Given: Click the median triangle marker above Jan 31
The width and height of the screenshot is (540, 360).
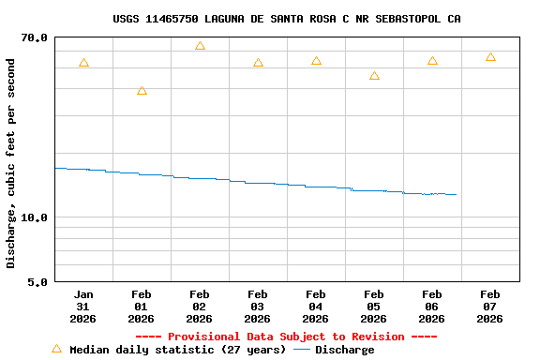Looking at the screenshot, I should (x=83, y=63).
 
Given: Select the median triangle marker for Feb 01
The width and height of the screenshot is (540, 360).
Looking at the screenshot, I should (x=142, y=91).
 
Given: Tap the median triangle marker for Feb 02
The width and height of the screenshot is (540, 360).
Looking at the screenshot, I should (x=200, y=46).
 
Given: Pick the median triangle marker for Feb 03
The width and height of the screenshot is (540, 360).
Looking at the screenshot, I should (x=258, y=63).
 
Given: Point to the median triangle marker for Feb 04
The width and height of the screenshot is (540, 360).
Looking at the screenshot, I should (x=316, y=61).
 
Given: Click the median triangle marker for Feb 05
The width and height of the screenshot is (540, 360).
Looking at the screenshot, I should (x=374, y=76).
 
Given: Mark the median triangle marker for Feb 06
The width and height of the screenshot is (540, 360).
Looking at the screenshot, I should (x=432, y=61).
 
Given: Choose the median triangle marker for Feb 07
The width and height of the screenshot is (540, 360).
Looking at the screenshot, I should (x=490, y=57).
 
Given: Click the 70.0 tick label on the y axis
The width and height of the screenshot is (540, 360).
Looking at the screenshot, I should (x=35, y=37).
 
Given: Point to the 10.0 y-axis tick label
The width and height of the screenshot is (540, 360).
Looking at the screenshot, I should (x=35, y=217).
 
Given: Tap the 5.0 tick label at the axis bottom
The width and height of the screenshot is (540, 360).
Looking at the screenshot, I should (x=38, y=281).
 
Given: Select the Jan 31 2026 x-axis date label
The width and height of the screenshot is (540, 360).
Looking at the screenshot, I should (x=83, y=307).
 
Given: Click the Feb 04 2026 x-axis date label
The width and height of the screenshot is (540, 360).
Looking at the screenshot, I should (x=316, y=307).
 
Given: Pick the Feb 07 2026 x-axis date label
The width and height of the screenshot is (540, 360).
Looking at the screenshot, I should (x=490, y=307).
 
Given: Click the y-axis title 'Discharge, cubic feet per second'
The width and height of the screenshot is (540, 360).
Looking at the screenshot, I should (x=11, y=163).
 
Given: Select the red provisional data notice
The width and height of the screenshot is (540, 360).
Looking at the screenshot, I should (x=286, y=337).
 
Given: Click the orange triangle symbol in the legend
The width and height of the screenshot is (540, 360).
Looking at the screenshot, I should (x=56, y=349).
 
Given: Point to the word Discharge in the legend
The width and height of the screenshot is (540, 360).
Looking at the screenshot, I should (x=344, y=350).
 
